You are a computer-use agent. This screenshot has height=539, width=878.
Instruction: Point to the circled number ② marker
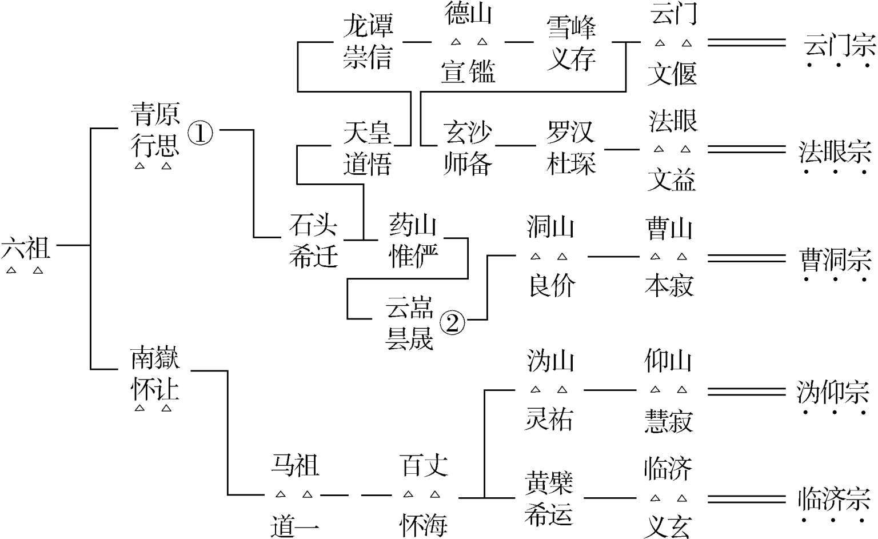coord(452,324)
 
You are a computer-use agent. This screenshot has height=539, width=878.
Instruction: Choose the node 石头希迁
coord(313,241)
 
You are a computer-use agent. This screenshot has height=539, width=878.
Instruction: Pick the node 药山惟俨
coord(413,241)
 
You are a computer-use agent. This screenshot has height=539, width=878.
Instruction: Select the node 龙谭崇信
coord(368,42)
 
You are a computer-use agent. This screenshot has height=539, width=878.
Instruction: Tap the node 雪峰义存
coord(571,43)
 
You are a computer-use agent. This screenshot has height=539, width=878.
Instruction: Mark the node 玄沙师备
coord(468,149)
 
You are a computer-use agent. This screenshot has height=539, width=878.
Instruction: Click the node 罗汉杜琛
coord(571,149)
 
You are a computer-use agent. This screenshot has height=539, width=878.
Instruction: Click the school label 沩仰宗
coord(833,393)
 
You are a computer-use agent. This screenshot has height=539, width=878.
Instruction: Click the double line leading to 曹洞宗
coord(747,258)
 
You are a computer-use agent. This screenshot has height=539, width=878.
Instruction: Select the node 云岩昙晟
coord(409,323)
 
